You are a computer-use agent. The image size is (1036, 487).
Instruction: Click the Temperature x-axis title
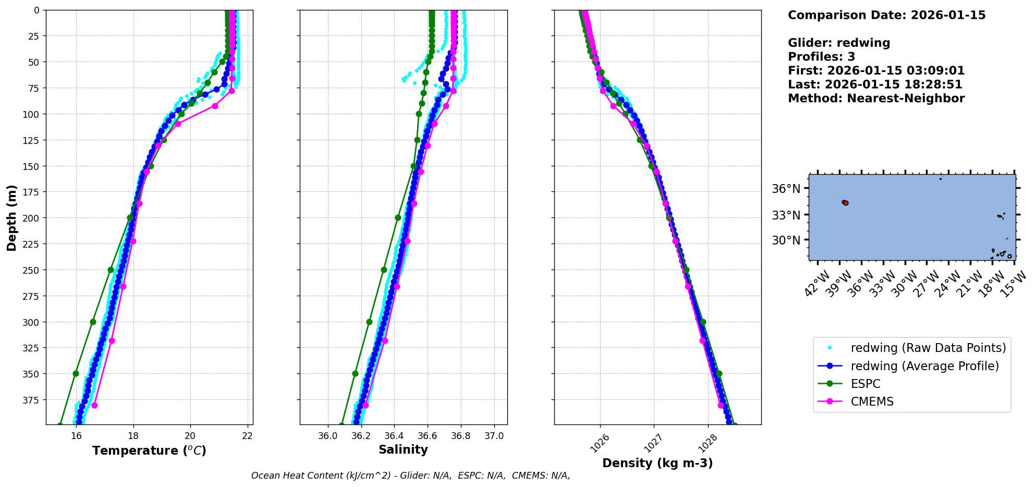point(149,451)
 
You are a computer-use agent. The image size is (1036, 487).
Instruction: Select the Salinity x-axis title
point(403,449)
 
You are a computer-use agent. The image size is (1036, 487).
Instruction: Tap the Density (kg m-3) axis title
point(657,463)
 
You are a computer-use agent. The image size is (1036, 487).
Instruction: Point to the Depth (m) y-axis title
point(12,217)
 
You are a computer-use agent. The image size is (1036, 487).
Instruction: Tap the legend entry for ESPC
point(866,384)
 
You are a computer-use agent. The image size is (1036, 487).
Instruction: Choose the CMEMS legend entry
point(872,401)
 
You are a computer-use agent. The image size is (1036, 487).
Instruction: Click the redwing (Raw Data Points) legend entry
point(928,348)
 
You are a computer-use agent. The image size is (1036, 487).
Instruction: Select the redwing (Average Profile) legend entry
point(924,366)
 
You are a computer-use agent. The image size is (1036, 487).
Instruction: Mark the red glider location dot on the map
point(846,203)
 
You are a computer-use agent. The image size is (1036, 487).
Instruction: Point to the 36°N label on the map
point(786,189)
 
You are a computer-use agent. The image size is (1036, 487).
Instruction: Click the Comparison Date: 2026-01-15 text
point(886,15)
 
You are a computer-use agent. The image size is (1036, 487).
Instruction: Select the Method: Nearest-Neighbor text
point(876,99)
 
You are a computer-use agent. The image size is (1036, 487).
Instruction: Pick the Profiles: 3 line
point(821,57)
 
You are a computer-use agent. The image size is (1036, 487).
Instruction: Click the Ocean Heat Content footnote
point(410,476)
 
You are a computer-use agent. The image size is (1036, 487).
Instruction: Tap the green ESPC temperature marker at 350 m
point(76,373)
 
